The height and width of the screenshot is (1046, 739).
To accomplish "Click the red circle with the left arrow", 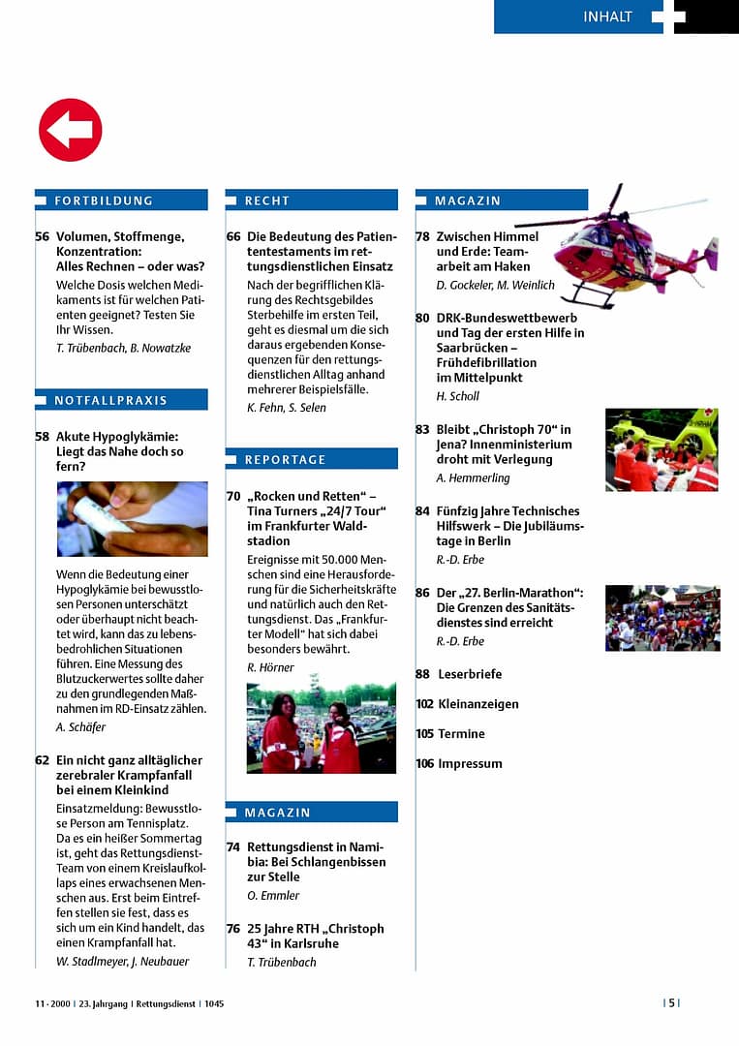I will pos(70,130).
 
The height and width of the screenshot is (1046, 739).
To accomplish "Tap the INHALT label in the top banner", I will pos(607,16).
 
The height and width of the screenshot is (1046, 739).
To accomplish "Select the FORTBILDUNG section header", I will pos(104,200).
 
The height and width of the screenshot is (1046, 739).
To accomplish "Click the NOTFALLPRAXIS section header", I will pos(110,400).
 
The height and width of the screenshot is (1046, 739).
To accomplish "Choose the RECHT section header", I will pos(266,200).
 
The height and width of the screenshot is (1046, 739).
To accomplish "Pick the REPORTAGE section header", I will pos(285,459).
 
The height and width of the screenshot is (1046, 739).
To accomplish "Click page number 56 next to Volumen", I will pos(42,236).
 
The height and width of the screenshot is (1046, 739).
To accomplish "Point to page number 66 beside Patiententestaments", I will pos(233,236).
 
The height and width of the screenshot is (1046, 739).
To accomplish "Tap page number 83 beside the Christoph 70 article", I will pos(422,429).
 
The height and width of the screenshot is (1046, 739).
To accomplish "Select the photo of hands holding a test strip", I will pos(132,519).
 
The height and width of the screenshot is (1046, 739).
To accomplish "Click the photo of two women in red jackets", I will pos(321,727).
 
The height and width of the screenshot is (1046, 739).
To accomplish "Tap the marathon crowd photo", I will pos(662,618).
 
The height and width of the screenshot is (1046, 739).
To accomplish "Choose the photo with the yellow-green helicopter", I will pos(662,449).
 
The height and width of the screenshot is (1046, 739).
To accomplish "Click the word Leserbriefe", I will pos(470,674).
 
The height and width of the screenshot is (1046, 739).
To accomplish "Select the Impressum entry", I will pos(470,764).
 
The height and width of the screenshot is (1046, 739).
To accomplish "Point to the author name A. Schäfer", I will pos(81,727).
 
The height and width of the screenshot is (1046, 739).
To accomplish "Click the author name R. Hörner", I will pos(270,667).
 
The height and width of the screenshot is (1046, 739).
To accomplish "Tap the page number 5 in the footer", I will pos(672,1003).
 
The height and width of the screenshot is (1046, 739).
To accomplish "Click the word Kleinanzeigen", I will pos(478,704).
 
